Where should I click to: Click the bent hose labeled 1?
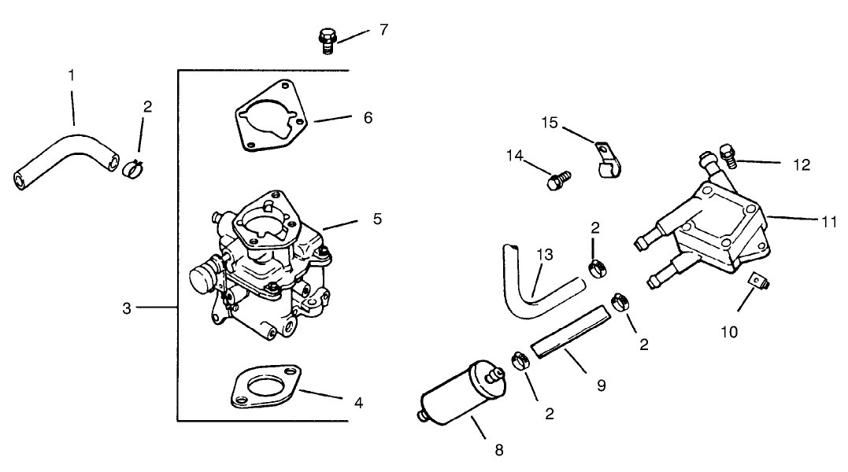[x=67, y=157]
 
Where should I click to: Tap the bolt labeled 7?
[x=328, y=39]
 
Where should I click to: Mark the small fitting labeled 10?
[x=757, y=280]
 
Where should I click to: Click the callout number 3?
[x=127, y=308]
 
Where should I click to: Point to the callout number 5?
[x=377, y=218]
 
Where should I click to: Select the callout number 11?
[x=828, y=223]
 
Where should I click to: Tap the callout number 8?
[x=498, y=450]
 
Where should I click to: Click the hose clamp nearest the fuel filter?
[x=520, y=361]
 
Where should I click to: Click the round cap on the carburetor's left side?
[x=203, y=276]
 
